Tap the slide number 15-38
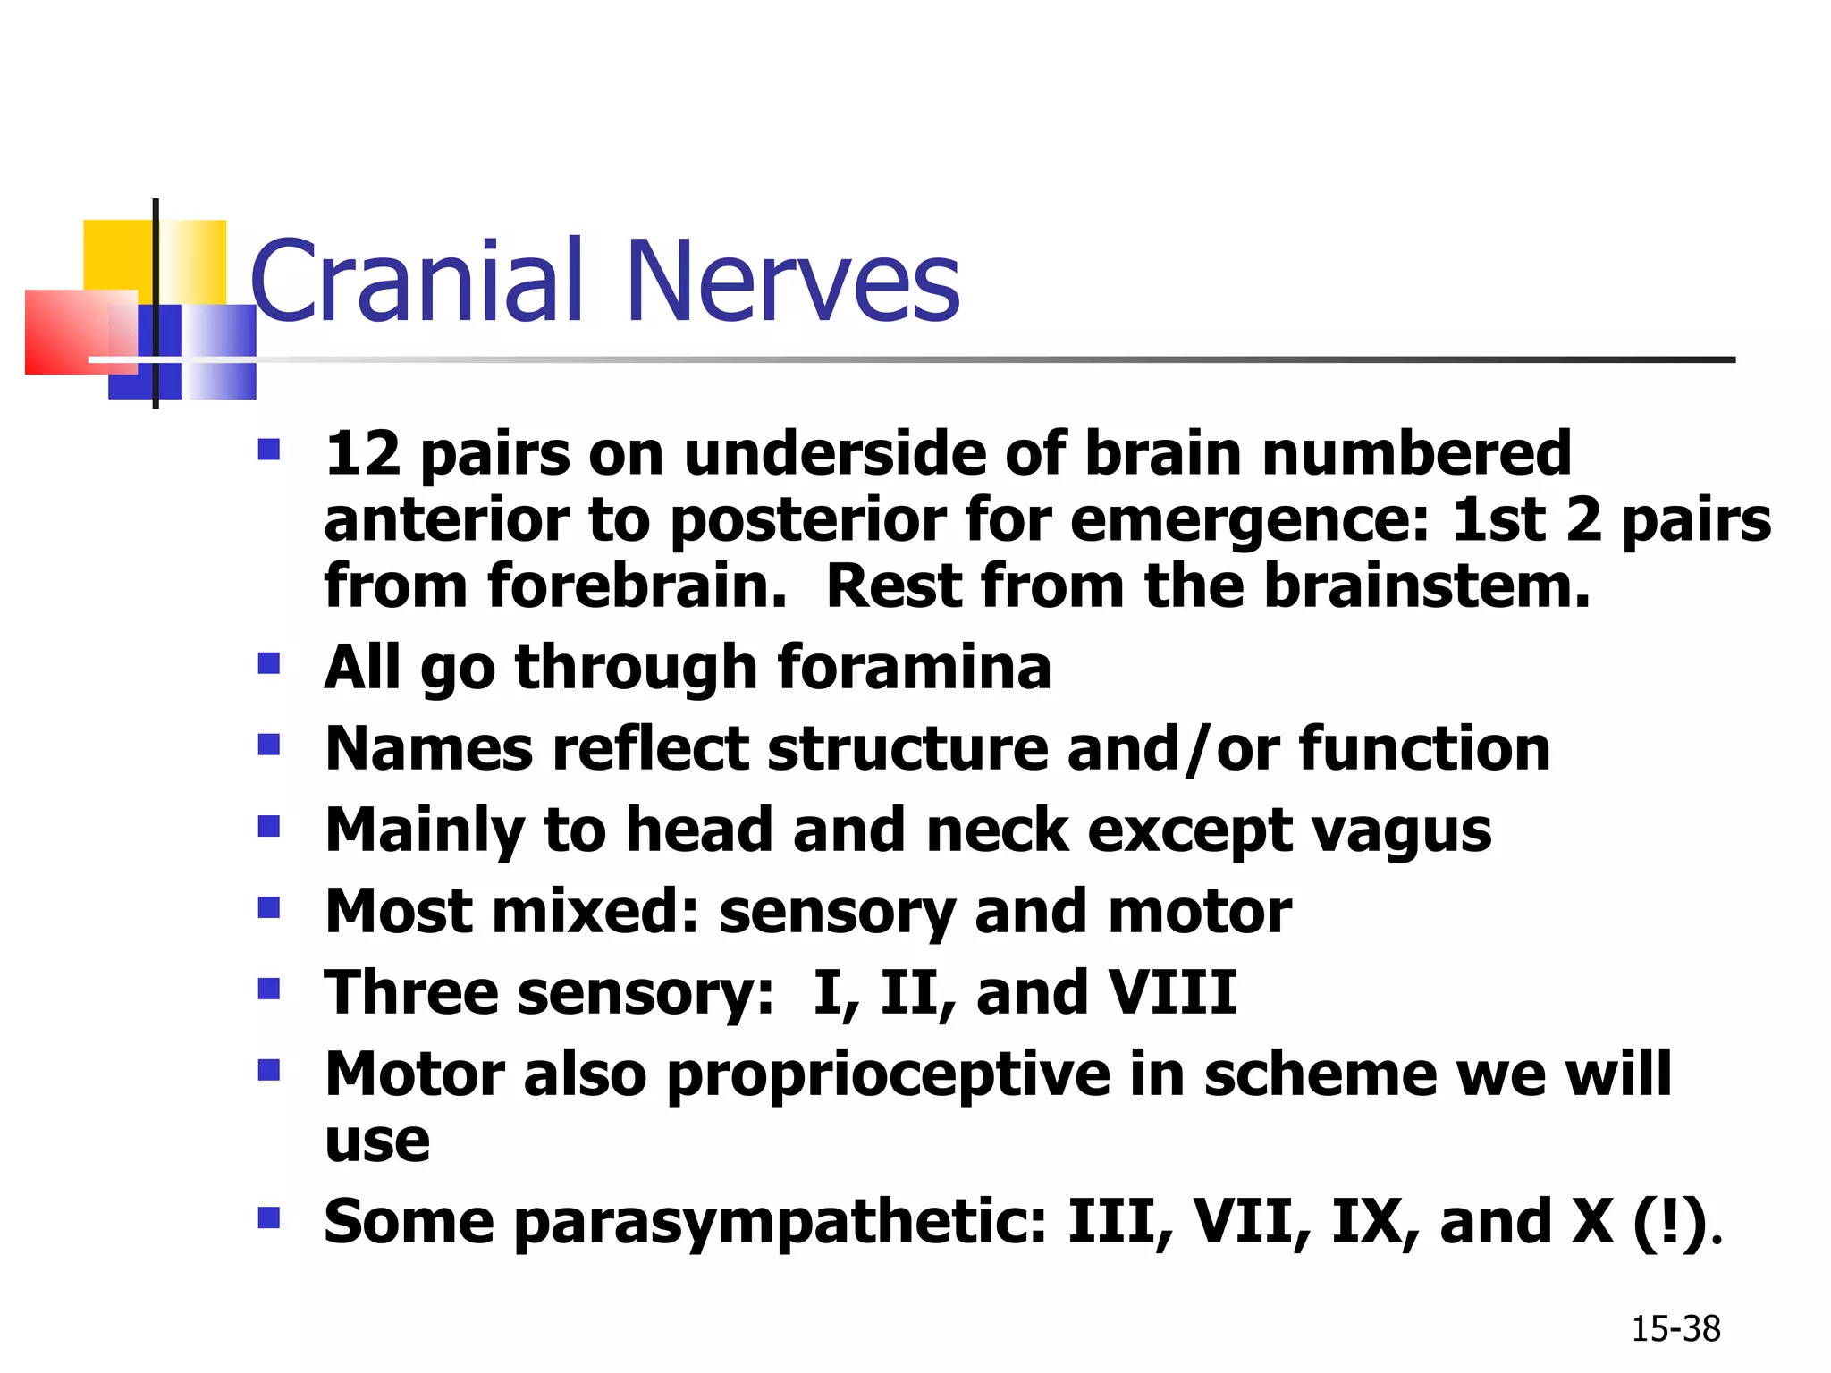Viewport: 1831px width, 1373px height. [1675, 1329]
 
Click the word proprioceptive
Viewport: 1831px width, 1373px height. [889, 1074]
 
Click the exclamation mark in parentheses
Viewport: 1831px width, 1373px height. [1668, 1222]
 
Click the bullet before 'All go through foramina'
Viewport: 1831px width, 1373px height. [268, 663]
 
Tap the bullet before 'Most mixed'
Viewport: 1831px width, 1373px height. [268, 908]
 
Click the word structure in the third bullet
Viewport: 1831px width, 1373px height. [907, 748]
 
